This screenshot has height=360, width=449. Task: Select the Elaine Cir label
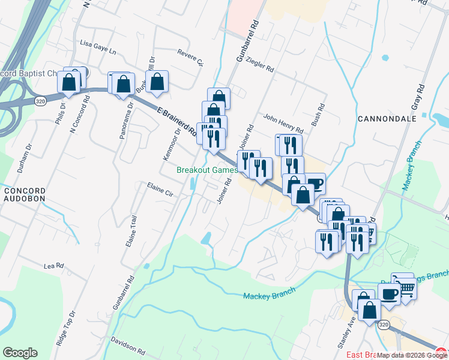click(160, 190)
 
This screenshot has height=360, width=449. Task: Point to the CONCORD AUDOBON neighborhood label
click(25, 195)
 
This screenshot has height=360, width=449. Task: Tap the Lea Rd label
click(53, 265)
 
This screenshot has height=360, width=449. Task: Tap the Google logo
click(20, 353)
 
